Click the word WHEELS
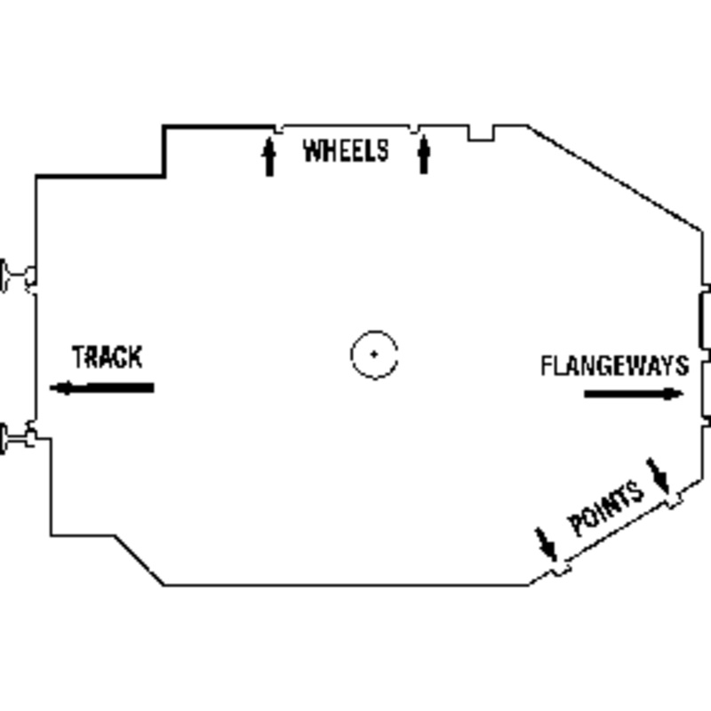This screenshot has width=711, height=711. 346,151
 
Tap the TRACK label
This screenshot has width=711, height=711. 107,357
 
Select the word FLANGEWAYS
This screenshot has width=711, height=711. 614,365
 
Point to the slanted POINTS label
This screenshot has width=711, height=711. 606,509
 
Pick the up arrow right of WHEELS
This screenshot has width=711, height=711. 424,155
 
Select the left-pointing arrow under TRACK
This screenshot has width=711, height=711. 101,387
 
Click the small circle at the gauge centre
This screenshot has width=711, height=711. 374,354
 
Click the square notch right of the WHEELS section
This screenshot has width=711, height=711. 481,132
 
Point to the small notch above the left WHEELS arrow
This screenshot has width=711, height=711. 278,129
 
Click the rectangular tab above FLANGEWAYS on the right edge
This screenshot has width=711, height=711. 702,320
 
